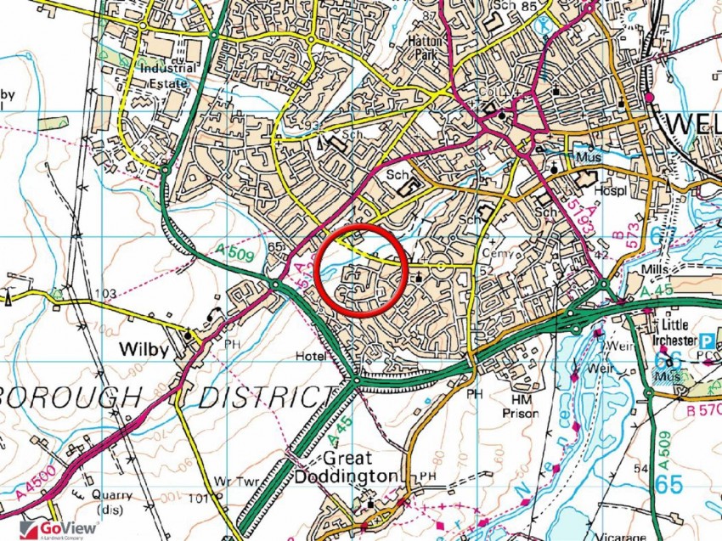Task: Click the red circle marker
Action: click(361, 271)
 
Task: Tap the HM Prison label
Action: click(522, 406)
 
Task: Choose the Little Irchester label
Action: click(690, 330)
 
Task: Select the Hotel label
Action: click(312, 357)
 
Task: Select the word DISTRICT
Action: click(262, 397)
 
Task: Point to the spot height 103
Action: click(105, 294)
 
